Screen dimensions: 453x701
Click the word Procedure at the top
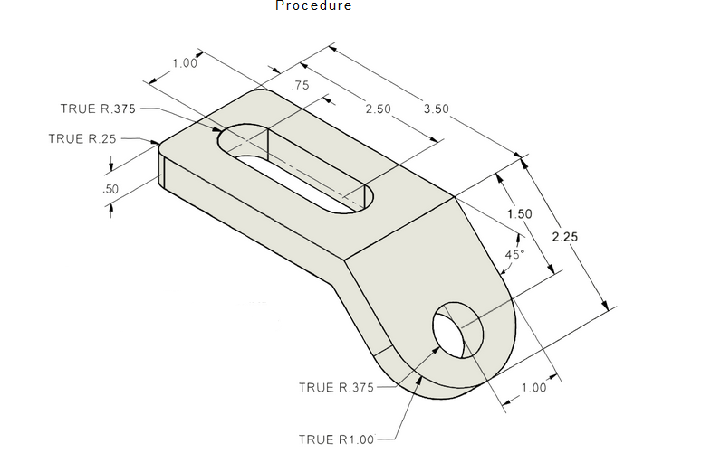(x=313, y=6)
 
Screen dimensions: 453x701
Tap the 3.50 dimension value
(x=437, y=109)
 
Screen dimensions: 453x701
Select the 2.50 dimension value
(x=378, y=109)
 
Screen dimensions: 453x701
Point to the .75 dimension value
(x=302, y=86)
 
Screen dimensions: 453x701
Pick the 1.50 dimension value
(x=519, y=214)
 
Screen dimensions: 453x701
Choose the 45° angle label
(x=514, y=255)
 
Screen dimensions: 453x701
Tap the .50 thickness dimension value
(x=111, y=189)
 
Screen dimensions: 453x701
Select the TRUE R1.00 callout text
(x=336, y=439)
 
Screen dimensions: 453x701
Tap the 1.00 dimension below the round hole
(x=533, y=388)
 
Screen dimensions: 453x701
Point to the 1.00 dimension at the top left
(x=184, y=63)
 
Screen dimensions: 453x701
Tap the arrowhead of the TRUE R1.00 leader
(x=420, y=379)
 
